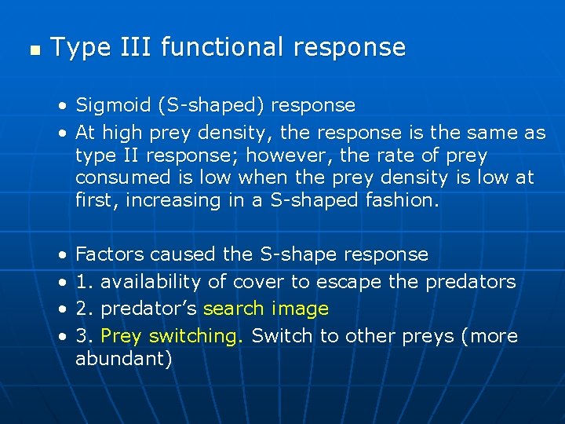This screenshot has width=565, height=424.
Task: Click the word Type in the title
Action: coord(77,48)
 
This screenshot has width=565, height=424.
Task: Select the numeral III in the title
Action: coord(132,47)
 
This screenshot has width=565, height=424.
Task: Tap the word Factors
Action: coord(109,254)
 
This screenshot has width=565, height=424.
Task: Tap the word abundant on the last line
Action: coord(123,360)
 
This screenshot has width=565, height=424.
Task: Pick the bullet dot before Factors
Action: coord(61,255)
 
